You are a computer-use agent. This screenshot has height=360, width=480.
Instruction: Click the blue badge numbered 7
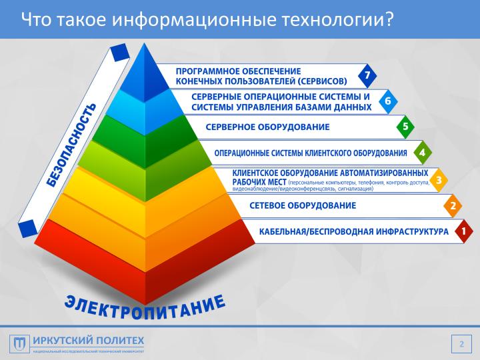coord(366,76)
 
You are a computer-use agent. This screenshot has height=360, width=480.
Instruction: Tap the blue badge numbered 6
coord(387,101)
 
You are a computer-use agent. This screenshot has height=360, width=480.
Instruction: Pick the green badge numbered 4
coord(421,153)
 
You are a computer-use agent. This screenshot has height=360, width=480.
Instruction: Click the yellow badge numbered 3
coord(437,179)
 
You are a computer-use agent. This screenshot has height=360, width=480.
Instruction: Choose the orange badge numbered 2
coord(453,206)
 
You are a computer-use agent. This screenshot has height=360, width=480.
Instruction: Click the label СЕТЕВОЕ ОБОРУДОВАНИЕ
coord(303,206)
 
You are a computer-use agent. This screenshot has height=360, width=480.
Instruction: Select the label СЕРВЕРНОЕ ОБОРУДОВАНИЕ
coord(267,127)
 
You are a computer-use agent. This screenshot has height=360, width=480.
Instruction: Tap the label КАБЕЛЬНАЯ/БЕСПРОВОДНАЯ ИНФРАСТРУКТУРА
coord(354,232)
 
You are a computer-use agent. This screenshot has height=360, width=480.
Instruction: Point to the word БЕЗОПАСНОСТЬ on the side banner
coord(71,145)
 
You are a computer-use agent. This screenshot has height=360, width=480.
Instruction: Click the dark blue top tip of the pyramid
coord(141,67)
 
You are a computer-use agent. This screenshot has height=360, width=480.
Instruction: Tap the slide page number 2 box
coord(459,344)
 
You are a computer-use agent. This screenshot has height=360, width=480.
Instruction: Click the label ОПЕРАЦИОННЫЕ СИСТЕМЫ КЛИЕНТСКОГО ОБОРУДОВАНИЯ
coord(311,153)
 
